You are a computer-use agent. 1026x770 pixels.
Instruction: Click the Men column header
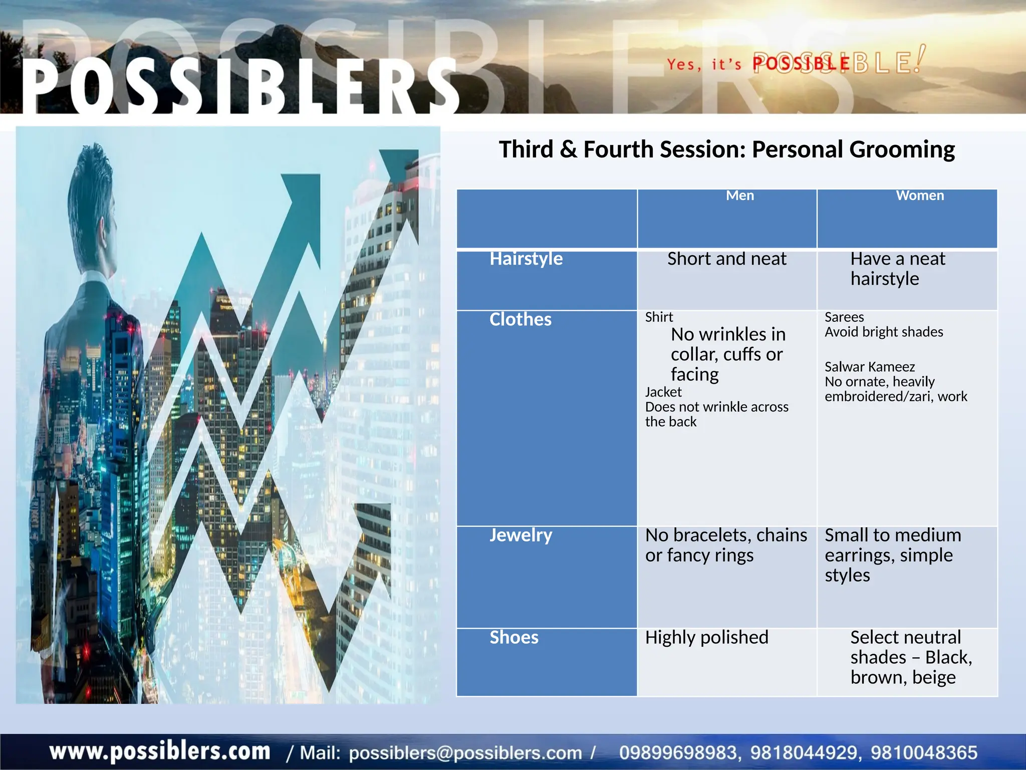[x=739, y=196]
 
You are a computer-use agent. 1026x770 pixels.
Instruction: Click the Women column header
[x=920, y=196]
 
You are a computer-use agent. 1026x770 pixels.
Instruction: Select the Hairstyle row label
[x=526, y=259]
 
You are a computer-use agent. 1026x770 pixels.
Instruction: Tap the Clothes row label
[x=520, y=319]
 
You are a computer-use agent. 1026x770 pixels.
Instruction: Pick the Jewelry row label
[x=521, y=535]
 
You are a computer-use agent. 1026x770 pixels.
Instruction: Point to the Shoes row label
[x=514, y=637]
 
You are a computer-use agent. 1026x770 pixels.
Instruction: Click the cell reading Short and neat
[x=726, y=259]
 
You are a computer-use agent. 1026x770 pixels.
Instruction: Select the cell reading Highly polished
[x=706, y=637]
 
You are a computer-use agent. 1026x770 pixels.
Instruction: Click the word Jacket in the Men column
[x=663, y=392]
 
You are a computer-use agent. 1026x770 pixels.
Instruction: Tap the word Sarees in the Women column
[x=844, y=317]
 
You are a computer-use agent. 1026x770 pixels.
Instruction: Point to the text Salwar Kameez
[x=870, y=366]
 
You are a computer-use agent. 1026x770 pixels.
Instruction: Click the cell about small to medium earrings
[x=893, y=555]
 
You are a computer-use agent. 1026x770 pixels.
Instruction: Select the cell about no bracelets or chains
[x=726, y=545]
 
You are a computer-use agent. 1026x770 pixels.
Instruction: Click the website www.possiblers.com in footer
[x=160, y=751]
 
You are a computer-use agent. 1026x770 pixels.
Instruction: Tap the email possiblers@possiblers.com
[x=465, y=752]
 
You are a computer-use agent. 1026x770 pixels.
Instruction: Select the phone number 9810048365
[x=924, y=752]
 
